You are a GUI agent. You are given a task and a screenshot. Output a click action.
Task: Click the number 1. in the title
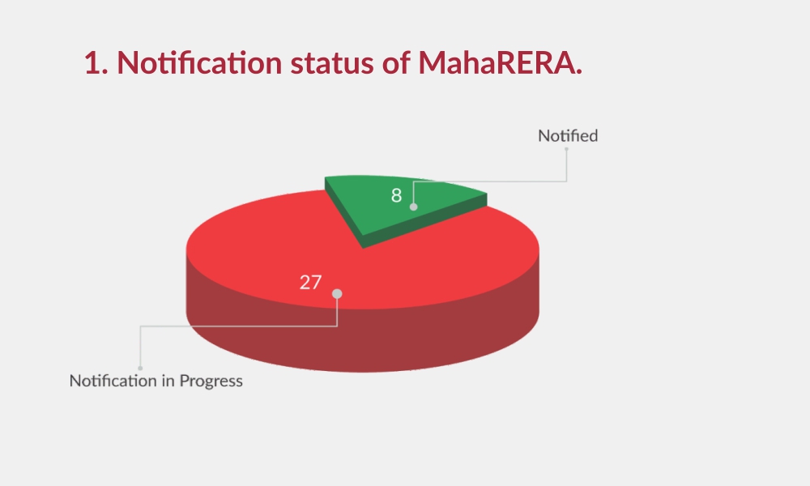[96, 63]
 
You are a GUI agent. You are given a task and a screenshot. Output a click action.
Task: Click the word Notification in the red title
[199, 62]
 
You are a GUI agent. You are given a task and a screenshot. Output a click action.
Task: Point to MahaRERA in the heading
[500, 62]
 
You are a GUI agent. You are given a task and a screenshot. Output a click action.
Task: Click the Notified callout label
[568, 136]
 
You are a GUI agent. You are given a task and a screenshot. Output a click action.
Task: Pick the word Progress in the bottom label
[211, 382]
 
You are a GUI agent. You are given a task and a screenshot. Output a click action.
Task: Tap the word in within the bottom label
[168, 381]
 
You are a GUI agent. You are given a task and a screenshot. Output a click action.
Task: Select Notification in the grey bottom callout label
[113, 381]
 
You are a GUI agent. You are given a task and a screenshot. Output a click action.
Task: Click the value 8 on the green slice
[396, 195]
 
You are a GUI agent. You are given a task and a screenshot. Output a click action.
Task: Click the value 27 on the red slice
[310, 282]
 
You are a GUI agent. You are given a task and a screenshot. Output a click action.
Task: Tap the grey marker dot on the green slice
[413, 207]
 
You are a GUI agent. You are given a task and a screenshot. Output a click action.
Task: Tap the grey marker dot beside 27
[337, 294]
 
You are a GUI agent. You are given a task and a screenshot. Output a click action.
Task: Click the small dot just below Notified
[567, 149]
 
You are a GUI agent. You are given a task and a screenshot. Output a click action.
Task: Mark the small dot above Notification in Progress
[140, 369]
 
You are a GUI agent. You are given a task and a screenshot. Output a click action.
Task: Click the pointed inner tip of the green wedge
[363, 248]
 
